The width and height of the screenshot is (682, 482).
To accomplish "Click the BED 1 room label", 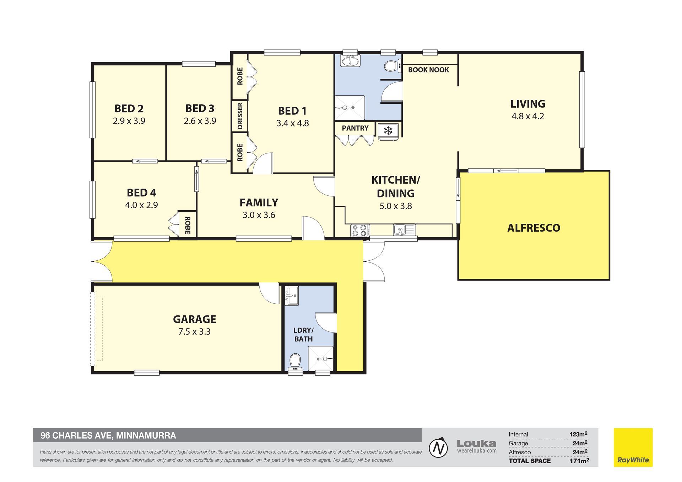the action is click(292, 111).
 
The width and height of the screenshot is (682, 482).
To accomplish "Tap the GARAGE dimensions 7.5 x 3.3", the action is click(194, 332).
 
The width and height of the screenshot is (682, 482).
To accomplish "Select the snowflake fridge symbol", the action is click(388, 131).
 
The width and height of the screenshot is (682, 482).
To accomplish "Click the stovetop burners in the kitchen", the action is click(360, 231).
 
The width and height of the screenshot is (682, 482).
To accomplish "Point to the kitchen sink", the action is click(404, 230).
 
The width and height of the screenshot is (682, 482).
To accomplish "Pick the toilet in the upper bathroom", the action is click(391, 66).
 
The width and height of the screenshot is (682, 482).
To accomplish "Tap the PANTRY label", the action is click(355, 128).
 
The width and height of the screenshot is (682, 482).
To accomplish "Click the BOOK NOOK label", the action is click(428, 70).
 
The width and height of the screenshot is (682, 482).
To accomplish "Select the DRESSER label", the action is click(240, 116).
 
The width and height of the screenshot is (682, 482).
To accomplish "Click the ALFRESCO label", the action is click(534, 228).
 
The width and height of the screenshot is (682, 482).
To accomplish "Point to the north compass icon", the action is click(438, 448).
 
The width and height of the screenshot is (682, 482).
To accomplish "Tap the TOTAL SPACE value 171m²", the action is click(579, 461).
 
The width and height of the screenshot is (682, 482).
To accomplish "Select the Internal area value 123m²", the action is click(578, 434).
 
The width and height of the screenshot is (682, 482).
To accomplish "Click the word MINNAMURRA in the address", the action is click(146, 435).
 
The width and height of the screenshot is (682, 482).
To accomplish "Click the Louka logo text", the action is click(476, 443).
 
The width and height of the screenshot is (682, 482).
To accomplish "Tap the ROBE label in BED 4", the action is click(188, 225).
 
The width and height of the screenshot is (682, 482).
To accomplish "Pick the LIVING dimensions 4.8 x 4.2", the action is click(527, 117).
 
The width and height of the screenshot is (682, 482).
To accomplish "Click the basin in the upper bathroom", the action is click(350, 61).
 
